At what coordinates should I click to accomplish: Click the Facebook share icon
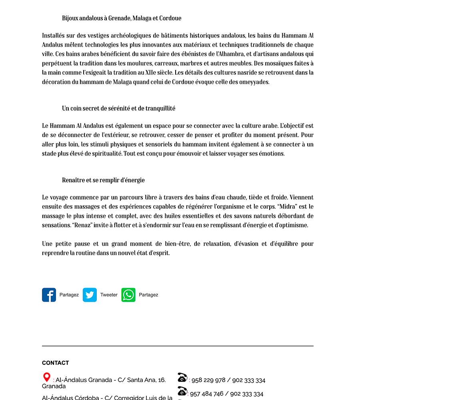coord(49,295)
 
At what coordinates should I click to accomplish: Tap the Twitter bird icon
coord(90,295)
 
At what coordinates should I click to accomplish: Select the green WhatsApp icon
coord(128,295)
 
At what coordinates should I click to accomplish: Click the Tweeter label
coord(109,295)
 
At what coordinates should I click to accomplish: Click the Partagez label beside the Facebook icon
coord(69,295)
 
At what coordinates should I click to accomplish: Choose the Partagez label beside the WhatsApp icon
coord(148,295)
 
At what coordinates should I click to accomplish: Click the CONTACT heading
coord(55,363)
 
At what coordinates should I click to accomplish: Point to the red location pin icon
coord(47,377)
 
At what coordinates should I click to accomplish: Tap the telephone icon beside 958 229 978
coord(182,377)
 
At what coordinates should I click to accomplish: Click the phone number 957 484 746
coord(206,394)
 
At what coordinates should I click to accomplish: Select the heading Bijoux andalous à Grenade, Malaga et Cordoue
coord(122,18)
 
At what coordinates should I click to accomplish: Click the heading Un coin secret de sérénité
coord(118,108)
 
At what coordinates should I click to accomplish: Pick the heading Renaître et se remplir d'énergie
coord(103,180)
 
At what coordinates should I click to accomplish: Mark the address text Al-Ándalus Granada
coord(80,380)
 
